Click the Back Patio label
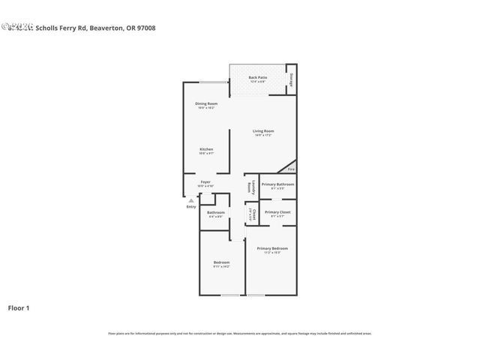[258, 78]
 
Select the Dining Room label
[207, 103]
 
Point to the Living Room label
[263, 131]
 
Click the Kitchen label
[206, 149]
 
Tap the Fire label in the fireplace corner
[292, 169]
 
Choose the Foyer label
[205, 181]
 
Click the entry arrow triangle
[191, 200]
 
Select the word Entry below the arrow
[191, 207]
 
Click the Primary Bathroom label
[277, 184]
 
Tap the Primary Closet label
[277, 212]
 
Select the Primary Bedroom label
[272, 248]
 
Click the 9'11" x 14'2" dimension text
[221, 266]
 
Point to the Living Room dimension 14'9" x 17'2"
[263, 136]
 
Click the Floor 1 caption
[19, 307]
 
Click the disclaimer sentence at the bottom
[240, 334]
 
